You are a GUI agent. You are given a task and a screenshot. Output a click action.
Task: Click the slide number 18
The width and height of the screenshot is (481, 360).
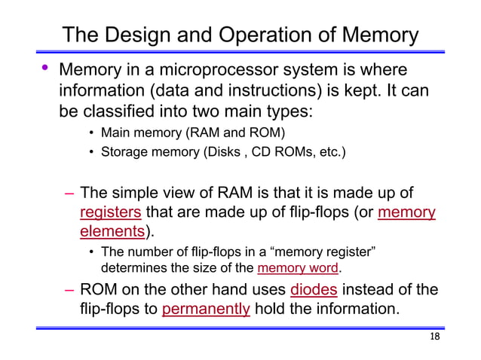pos(434,336)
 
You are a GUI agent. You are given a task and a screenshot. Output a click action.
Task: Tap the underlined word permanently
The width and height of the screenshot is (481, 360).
pos(206,309)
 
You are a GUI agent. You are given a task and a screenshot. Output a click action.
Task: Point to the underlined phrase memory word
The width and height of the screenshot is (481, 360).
pos(296,269)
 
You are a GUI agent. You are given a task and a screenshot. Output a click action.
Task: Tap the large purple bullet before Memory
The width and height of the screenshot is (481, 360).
pos(44,69)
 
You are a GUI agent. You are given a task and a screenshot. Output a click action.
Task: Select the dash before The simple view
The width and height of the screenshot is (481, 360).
pos(69,193)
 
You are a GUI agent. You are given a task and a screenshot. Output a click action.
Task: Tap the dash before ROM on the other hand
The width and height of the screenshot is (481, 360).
pos(69,290)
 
